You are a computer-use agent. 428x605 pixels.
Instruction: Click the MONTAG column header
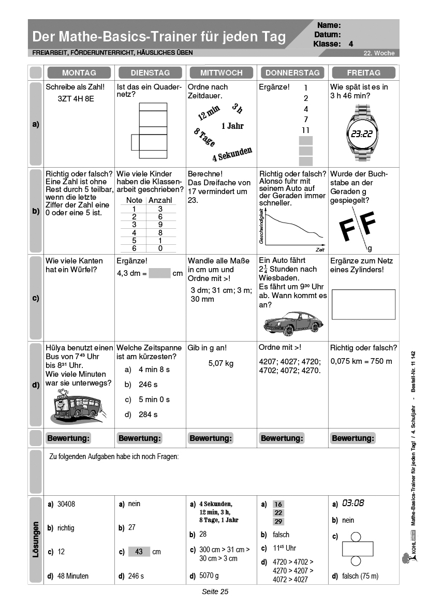[79, 72]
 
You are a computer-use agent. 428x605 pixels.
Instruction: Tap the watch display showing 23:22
[361, 134]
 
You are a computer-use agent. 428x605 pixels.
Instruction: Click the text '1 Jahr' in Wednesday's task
[232, 126]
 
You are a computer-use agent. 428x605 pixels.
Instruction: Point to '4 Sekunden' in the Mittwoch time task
[232, 154]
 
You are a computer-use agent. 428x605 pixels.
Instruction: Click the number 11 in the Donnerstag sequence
[306, 130]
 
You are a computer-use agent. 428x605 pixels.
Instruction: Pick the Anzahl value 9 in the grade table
[160, 225]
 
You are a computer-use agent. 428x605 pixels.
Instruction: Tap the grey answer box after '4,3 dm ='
[159, 273]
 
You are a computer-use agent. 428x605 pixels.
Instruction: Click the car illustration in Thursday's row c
[292, 321]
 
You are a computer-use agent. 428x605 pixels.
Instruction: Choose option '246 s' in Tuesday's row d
[148, 385]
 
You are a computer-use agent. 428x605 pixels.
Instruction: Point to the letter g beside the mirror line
[370, 248]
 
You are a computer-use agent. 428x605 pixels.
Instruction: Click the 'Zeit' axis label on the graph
[320, 249]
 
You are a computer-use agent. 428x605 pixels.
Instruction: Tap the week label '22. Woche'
[378, 53]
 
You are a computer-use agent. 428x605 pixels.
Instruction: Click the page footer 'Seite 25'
[215, 592]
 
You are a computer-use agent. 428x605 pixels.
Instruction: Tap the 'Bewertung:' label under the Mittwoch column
[211, 438]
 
